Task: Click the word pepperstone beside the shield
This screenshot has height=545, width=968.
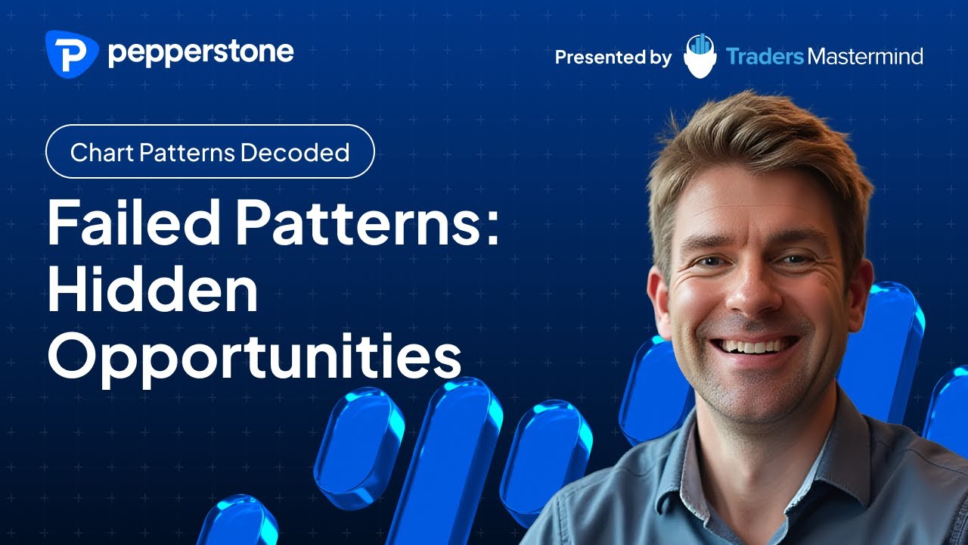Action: [x=200, y=53]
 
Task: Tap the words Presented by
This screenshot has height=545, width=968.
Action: [x=613, y=57]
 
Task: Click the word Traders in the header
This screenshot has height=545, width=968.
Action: [x=764, y=56]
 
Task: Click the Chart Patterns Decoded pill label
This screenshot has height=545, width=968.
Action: [x=209, y=151]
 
